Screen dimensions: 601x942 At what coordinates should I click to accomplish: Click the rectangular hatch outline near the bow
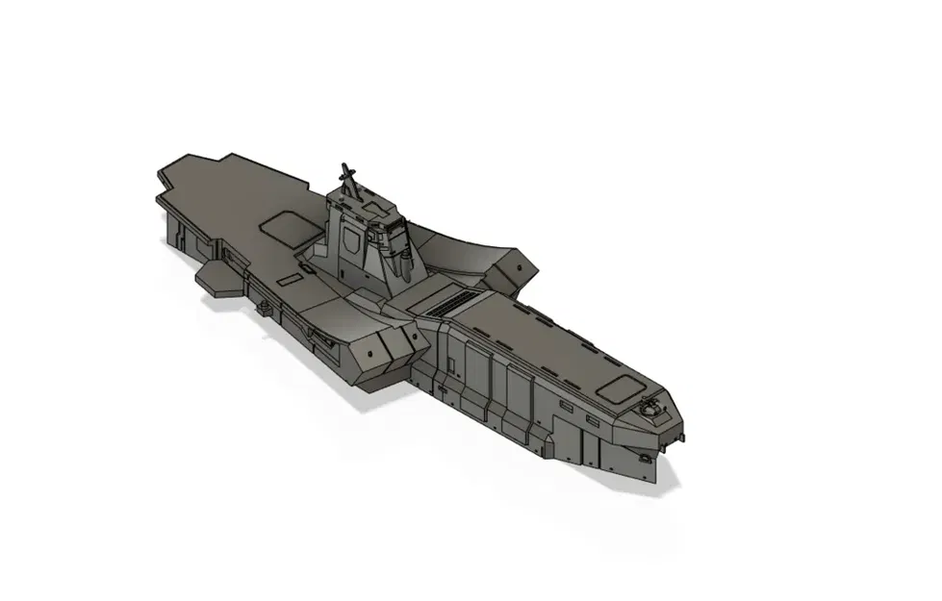pyautogui.click(x=616, y=389)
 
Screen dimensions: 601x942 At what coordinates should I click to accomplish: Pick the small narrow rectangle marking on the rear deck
pyautogui.click(x=289, y=278)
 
